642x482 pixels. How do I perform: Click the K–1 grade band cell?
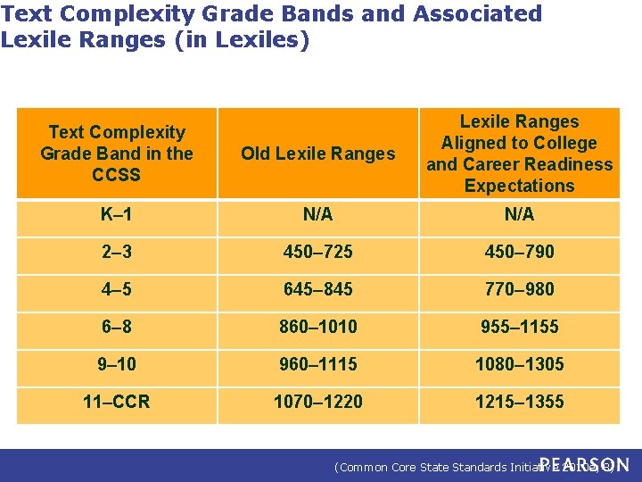pyautogui.click(x=116, y=214)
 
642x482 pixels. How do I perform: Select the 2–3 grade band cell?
pyautogui.click(x=116, y=252)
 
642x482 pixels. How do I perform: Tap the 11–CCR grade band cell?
pyautogui.click(x=116, y=402)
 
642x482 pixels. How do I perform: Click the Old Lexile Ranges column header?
pyautogui.click(x=317, y=154)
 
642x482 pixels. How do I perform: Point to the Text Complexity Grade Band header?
pyautogui.click(x=116, y=154)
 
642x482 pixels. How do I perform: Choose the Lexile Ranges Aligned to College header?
pyautogui.click(x=519, y=154)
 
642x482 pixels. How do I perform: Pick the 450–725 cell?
pyautogui.click(x=317, y=252)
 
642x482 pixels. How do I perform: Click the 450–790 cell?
pyautogui.click(x=519, y=252)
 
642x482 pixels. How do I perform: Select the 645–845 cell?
pyautogui.click(x=317, y=289)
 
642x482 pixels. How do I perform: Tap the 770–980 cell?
pyautogui.click(x=519, y=289)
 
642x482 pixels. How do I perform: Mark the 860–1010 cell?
pyautogui.click(x=317, y=327)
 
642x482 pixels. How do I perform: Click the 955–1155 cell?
pyautogui.click(x=519, y=327)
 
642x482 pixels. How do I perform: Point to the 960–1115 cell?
pyautogui.click(x=317, y=364)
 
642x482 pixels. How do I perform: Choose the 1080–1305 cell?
pyautogui.click(x=519, y=364)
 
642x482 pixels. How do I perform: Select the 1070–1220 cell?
pyautogui.click(x=317, y=402)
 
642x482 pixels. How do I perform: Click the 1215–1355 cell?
pyautogui.click(x=519, y=402)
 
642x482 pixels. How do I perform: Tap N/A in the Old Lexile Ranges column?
pyautogui.click(x=317, y=214)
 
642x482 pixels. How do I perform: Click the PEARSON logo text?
pyautogui.click(x=584, y=464)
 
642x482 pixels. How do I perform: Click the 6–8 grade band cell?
pyautogui.click(x=116, y=327)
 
